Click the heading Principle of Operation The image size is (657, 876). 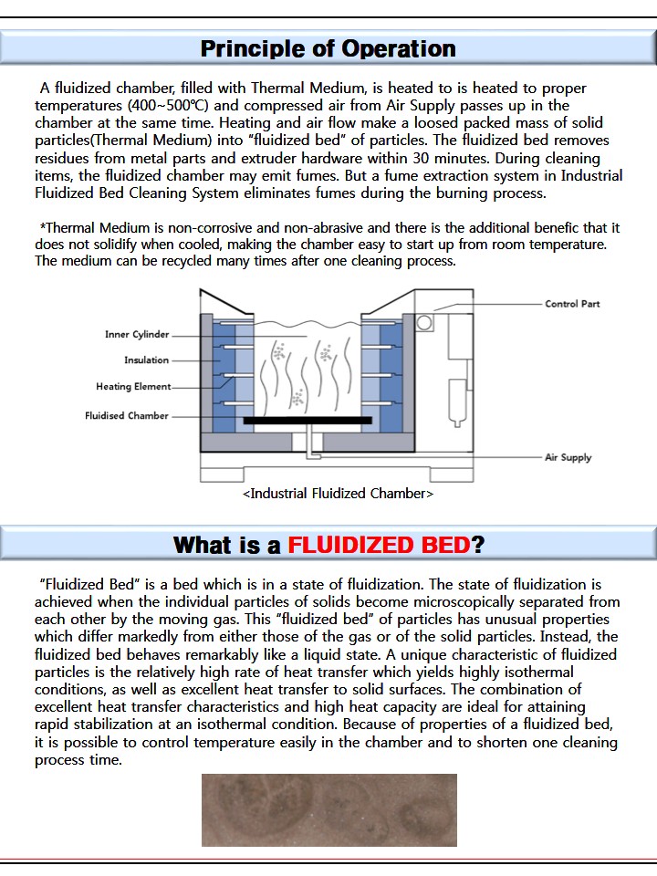point(328,48)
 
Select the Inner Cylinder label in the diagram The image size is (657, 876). point(137,335)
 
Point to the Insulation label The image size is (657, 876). point(146,360)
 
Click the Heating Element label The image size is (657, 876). point(133,387)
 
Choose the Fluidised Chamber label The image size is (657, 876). point(127,416)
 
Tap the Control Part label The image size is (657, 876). point(572,304)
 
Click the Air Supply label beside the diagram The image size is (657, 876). point(568,457)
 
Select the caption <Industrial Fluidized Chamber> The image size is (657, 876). point(338,494)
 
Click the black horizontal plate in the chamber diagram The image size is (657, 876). point(308,421)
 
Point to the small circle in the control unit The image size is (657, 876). point(424,322)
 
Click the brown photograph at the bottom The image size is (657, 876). point(328,810)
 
